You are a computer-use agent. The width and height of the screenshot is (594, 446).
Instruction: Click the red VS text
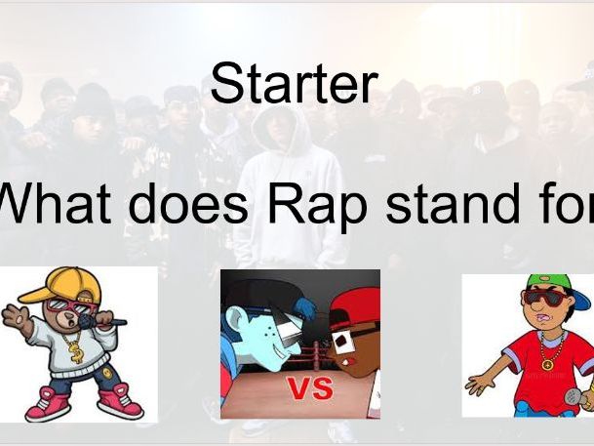pyautogui.click(x=309, y=388)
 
